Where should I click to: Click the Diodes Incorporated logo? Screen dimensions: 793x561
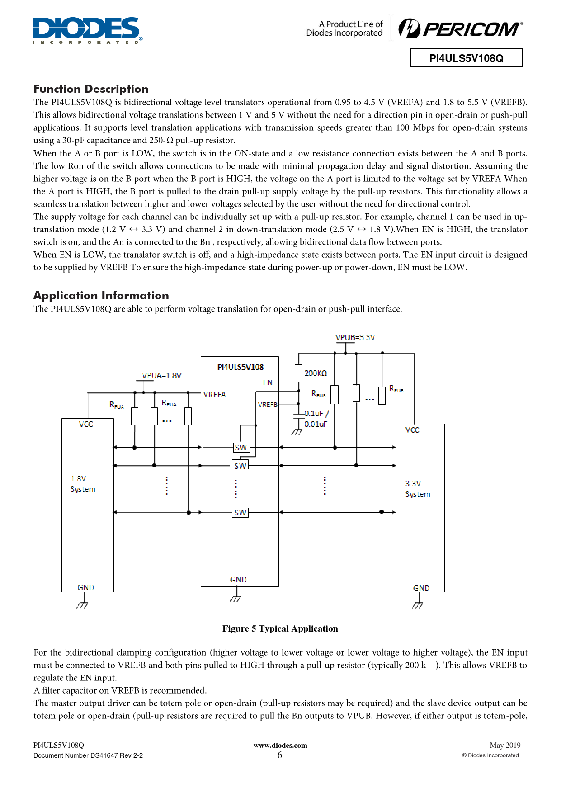(x=87, y=30)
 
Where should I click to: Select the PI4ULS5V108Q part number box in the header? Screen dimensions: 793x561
(x=466, y=58)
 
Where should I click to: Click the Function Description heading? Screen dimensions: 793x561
(x=91, y=89)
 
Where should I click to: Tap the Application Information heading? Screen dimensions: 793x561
(x=101, y=296)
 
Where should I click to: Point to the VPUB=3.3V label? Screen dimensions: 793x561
(x=355, y=337)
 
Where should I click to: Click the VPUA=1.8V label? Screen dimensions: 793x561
(x=161, y=376)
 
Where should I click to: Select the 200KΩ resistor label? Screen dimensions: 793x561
(x=316, y=373)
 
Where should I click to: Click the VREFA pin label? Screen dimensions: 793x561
(x=215, y=395)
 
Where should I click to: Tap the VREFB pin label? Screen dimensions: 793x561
(x=268, y=405)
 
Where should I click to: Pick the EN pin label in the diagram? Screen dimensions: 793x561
(x=268, y=382)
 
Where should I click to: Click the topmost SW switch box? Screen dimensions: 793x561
(x=241, y=448)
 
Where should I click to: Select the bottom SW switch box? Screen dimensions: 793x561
(x=240, y=513)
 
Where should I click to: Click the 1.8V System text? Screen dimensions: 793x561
(x=83, y=484)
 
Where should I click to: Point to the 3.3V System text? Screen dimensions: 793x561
(x=418, y=489)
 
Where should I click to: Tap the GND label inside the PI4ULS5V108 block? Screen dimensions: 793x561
(x=239, y=580)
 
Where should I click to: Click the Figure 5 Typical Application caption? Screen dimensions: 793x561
(x=280, y=628)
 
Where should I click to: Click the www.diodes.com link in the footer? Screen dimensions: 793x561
(x=280, y=746)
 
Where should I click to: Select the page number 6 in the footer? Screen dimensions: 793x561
(x=280, y=755)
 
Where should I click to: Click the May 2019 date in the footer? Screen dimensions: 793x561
(x=505, y=746)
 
